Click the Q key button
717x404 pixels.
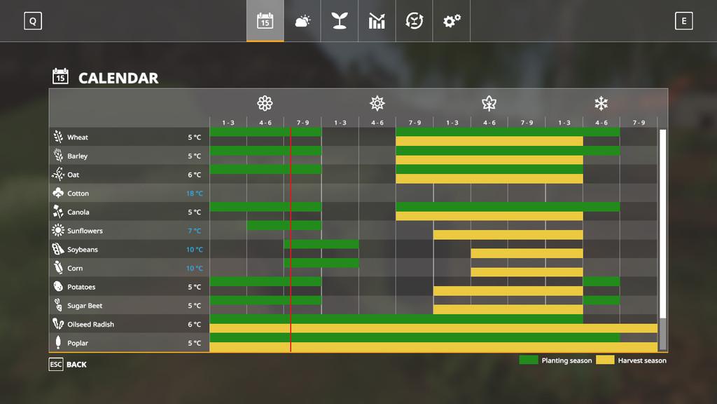[x=32, y=21]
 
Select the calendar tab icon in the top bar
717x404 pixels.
[x=265, y=21]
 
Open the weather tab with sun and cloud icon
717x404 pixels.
[x=302, y=21]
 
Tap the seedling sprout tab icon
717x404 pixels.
[x=340, y=21]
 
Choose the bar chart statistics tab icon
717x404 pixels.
[x=377, y=21]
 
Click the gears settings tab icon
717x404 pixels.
[x=452, y=21]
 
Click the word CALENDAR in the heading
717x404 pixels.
[x=118, y=78]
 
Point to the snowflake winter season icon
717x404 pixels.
[x=601, y=104]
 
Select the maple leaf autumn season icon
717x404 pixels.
[x=489, y=104]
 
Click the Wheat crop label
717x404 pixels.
[x=78, y=137]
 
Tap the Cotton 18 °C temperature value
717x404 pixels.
[x=195, y=194]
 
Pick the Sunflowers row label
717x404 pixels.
[x=85, y=231]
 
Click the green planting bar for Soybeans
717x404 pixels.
[x=321, y=244]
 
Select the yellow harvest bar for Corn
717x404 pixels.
[x=527, y=272]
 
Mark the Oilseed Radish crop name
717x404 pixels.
[x=90, y=325]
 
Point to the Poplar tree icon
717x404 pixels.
[x=58, y=343]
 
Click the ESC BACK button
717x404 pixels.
[x=68, y=365]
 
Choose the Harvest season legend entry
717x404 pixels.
[x=632, y=361]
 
